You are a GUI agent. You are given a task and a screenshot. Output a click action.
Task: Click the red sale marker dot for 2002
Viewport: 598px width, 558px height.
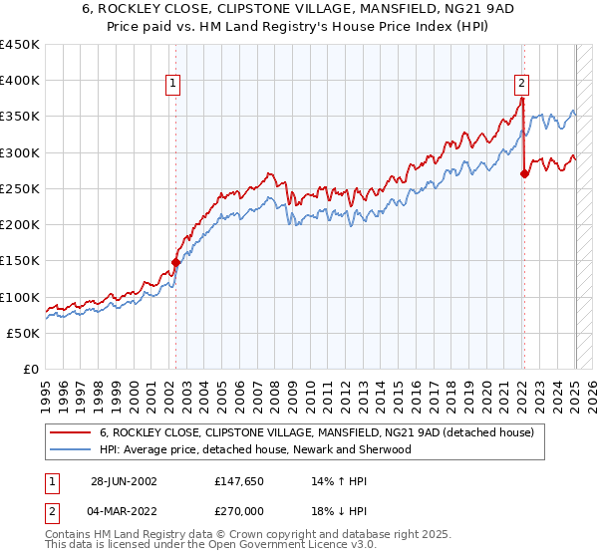tap(176, 262)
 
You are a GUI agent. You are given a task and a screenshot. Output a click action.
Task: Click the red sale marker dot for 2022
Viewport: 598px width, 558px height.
tap(524, 173)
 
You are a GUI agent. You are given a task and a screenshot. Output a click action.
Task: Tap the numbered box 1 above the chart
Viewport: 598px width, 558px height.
tap(174, 84)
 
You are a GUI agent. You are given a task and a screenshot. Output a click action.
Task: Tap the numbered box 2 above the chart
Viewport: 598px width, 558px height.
tap(521, 84)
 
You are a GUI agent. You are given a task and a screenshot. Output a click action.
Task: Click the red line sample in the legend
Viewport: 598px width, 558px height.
tap(71, 432)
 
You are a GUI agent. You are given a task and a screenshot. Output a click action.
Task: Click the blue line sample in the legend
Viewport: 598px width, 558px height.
tap(71, 449)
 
